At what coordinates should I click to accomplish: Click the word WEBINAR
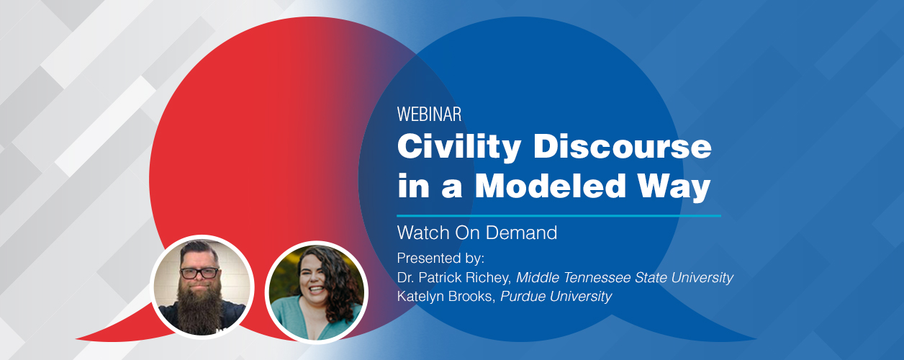[x=429, y=114]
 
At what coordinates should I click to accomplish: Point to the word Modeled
[x=550, y=186]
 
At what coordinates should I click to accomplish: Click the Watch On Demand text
[x=477, y=233]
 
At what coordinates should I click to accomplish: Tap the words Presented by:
[x=440, y=258]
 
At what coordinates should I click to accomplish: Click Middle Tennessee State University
[x=625, y=278]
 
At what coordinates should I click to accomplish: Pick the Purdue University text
[x=556, y=297]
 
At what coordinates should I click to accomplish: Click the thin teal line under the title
[x=559, y=216]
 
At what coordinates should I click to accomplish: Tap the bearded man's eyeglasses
[x=200, y=273]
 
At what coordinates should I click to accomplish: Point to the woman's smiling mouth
[x=316, y=290]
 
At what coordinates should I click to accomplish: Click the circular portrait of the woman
[x=317, y=292]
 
